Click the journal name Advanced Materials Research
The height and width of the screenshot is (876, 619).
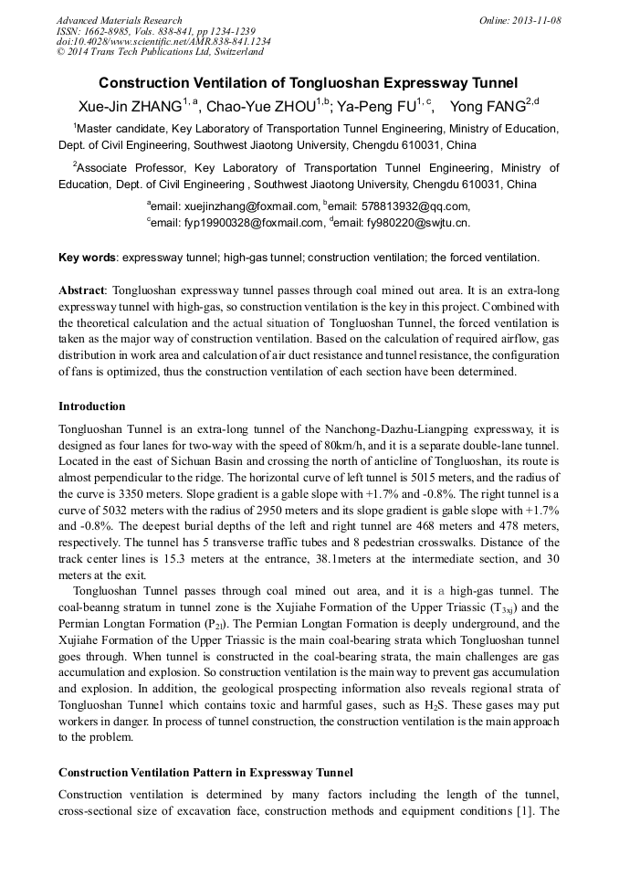tap(119, 20)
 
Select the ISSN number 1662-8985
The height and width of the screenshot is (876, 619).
tap(103, 31)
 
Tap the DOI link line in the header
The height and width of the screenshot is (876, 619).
tap(163, 42)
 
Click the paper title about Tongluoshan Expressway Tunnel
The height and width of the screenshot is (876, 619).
tap(309, 82)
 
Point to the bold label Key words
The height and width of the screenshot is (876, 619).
tap(87, 258)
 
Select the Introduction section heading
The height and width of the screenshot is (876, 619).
tap(92, 406)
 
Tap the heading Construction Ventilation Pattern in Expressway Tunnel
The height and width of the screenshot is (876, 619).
tap(205, 773)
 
